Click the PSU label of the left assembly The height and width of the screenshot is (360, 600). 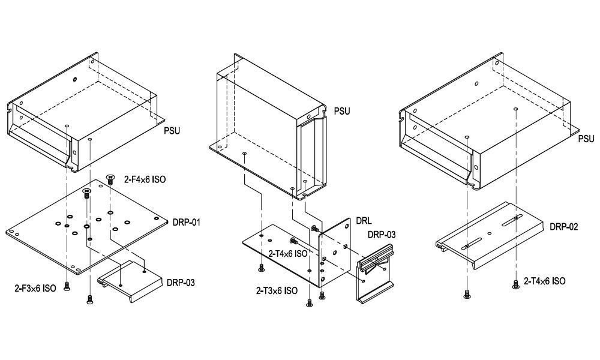(x=173, y=129)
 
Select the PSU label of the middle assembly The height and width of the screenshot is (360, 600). (x=341, y=111)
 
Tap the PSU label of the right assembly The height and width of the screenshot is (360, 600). (x=586, y=139)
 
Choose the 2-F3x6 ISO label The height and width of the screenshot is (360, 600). (x=35, y=289)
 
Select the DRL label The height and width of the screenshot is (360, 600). (x=364, y=221)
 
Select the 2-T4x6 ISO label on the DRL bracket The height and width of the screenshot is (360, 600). (x=288, y=254)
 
